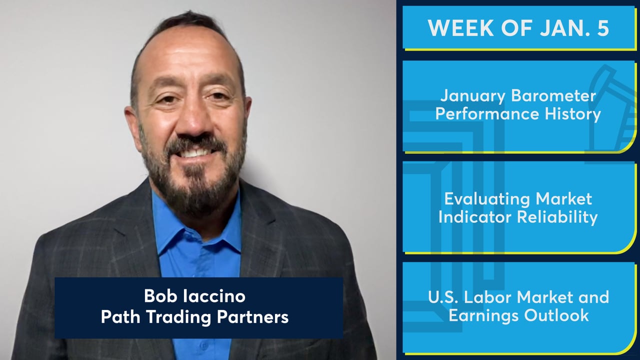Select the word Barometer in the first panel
[x=553, y=95]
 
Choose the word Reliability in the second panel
[x=557, y=217]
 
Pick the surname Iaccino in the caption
[x=214, y=296]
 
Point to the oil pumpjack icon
[x=611, y=108]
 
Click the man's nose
[x=190, y=120]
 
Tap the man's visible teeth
[x=195, y=153]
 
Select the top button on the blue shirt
[x=203, y=345]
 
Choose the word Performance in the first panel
[x=487, y=113]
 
